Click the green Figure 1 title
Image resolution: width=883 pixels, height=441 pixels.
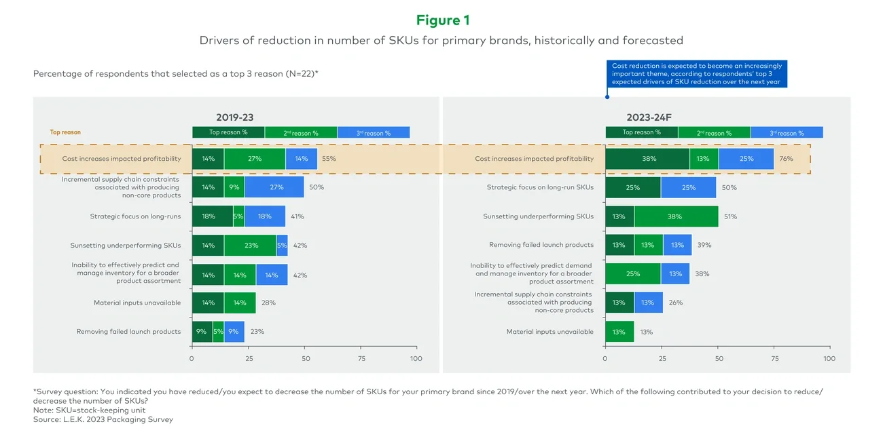click(x=442, y=20)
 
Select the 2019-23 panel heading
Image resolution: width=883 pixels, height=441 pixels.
click(x=234, y=117)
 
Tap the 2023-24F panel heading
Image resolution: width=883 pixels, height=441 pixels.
click(x=648, y=117)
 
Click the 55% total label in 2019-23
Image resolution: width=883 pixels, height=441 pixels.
click(x=329, y=159)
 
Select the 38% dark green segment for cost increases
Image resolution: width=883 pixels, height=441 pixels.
click(x=647, y=159)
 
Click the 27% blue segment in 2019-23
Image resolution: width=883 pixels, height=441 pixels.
click(x=274, y=187)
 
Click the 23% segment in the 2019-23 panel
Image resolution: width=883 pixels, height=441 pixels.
click(x=250, y=246)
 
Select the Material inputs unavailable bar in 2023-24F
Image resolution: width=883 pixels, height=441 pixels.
click(x=619, y=332)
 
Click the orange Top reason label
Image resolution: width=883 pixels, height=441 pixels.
click(x=65, y=132)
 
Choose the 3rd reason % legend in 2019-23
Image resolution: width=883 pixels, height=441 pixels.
click(x=373, y=133)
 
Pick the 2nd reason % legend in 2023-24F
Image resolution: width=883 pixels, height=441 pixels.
click(x=714, y=133)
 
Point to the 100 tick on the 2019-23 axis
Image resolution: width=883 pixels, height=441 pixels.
click(x=416, y=358)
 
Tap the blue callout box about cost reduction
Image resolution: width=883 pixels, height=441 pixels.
click(x=697, y=74)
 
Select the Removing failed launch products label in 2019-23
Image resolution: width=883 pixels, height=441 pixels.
click(x=128, y=332)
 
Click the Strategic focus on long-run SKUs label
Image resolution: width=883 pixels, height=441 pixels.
click(x=540, y=187)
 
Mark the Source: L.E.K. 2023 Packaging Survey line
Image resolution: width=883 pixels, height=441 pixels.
click(x=103, y=419)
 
